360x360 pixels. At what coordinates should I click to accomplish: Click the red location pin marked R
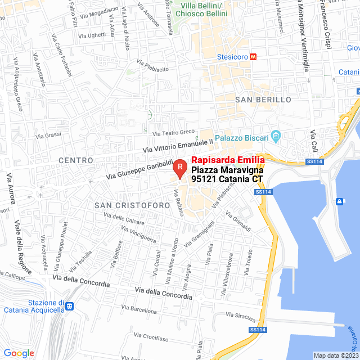coord(179,166)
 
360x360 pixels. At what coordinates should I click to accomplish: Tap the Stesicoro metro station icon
coord(254,57)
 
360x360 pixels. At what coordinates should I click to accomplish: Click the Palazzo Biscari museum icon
coord(276,136)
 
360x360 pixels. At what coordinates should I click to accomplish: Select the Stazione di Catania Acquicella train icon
coord(69,307)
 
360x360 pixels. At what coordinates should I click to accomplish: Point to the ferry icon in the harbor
coord(340,201)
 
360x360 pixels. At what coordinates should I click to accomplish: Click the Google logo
coord(19,353)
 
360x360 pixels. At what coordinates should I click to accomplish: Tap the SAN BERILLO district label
coord(263,100)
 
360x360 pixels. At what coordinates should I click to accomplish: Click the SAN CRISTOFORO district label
coord(132,205)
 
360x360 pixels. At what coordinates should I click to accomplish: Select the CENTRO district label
coord(76,160)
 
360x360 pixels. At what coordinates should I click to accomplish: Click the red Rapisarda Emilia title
coord(228,160)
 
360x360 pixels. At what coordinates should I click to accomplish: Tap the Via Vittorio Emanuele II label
coord(178,146)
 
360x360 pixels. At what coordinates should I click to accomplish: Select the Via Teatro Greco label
coord(173,133)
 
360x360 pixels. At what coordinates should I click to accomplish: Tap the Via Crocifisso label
coord(151,338)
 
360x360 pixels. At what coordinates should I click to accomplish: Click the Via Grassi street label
coord(48,136)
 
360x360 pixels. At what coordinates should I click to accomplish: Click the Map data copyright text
coord(335,355)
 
